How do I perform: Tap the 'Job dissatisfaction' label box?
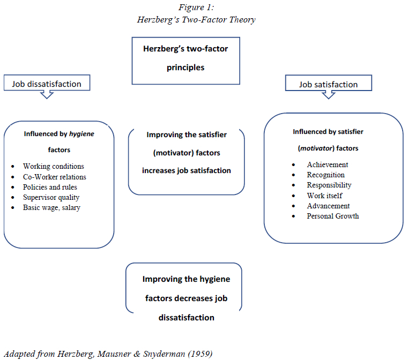[47, 84]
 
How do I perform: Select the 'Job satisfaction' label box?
[328, 84]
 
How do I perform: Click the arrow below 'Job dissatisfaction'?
[47, 94]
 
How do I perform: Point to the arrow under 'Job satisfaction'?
[329, 95]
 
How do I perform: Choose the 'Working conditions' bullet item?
[54, 167]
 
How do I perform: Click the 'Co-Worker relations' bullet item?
[55, 177]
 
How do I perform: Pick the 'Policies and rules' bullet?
[50, 187]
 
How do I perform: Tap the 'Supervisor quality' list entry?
[51, 197]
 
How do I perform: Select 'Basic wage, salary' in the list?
[51, 207]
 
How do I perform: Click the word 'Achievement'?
[328, 165]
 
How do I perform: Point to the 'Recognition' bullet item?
[326, 175]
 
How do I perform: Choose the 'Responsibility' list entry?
[329, 185]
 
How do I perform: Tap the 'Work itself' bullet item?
[325, 196]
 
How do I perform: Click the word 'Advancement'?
[329, 206]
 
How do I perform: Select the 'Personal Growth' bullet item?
[333, 216]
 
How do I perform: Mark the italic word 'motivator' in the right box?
[315, 148]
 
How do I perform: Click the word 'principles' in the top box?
[186, 68]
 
